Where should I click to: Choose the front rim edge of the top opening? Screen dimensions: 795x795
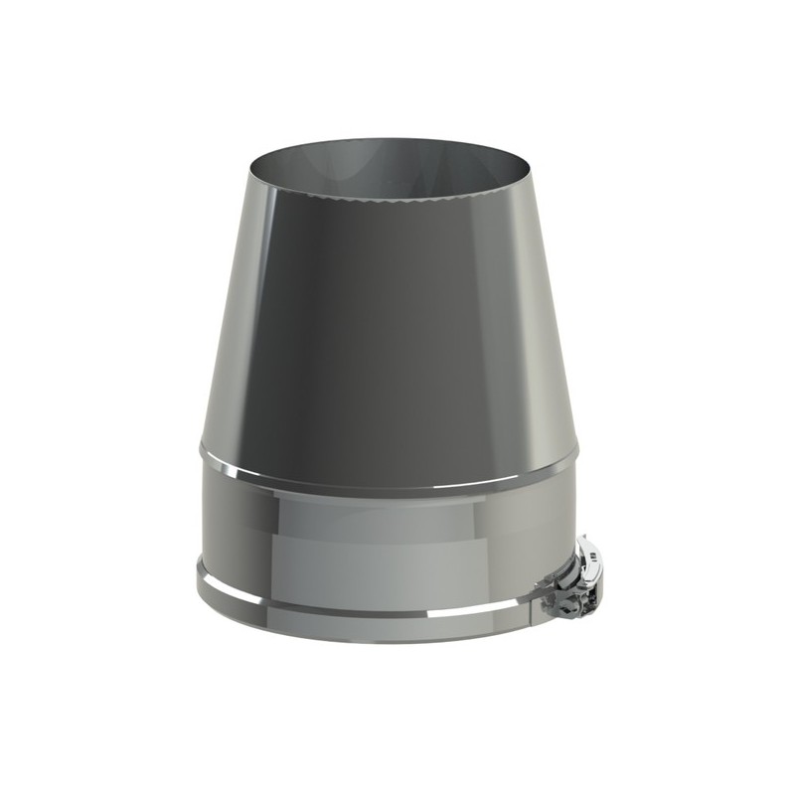point(388,199)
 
